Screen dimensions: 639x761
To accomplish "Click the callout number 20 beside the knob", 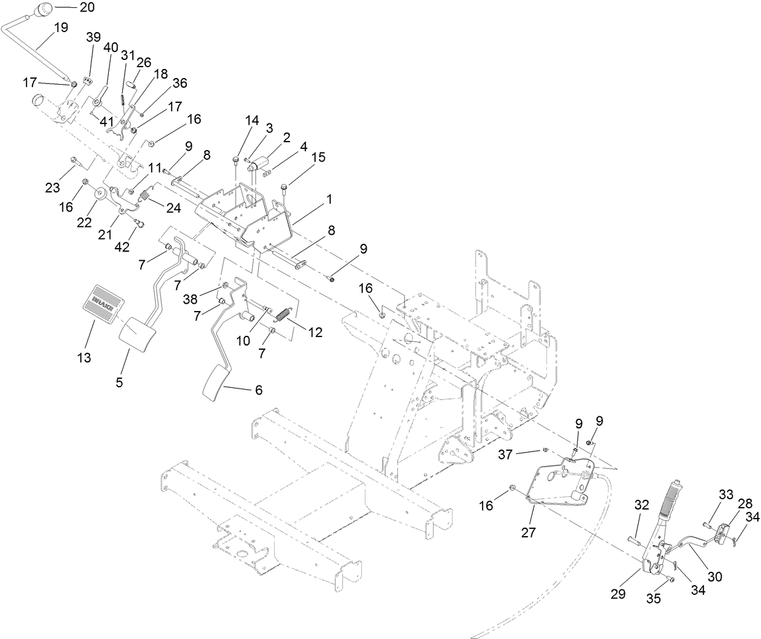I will click(x=87, y=7).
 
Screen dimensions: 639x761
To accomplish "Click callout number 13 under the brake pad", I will click(x=84, y=358).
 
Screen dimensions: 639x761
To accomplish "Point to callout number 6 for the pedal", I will click(x=258, y=390).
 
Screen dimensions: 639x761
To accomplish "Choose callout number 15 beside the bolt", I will click(x=318, y=157).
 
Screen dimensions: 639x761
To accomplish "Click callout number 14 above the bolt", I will click(x=252, y=120).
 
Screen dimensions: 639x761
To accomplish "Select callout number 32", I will click(x=641, y=505).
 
